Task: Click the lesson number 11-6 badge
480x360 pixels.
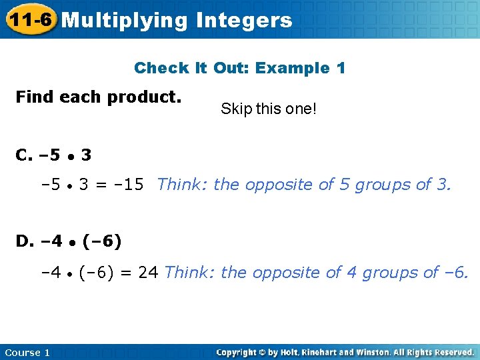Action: coord(30,20)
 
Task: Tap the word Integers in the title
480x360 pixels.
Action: coord(244,21)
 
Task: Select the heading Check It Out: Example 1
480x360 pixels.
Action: coord(240,68)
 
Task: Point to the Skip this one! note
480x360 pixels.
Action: coord(269,109)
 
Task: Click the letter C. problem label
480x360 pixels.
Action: coord(25,156)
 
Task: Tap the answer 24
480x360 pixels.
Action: coord(148,272)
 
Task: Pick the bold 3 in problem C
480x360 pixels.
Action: coord(86,156)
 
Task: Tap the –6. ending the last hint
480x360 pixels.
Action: coord(456,272)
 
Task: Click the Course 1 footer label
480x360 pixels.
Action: coord(27,353)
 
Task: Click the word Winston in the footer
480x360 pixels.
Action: coord(381,352)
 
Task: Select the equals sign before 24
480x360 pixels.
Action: coord(128,272)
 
